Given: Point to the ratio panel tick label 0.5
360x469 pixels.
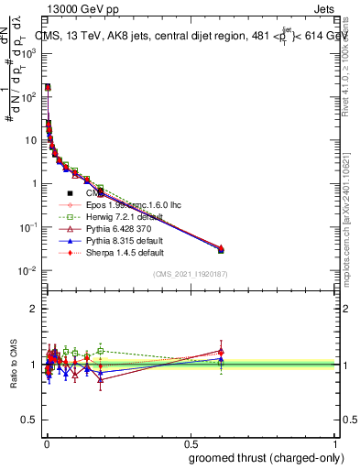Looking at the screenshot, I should (x=29, y=420).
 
